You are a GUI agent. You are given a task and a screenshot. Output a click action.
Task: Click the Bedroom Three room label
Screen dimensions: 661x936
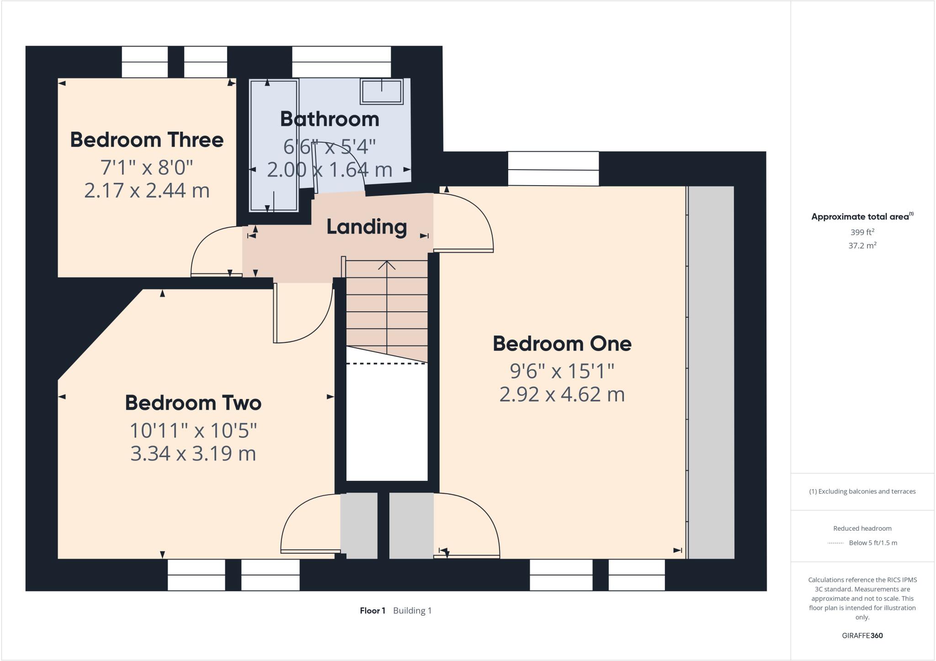pyautogui.click(x=147, y=140)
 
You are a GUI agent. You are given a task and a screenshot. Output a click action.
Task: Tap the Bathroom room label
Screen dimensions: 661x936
pyautogui.click(x=330, y=119)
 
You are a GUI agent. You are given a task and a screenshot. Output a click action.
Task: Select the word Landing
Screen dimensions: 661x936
pyautogui.click(x=367, y=227)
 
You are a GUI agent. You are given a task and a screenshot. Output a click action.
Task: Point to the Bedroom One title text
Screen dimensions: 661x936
pyautogui.click(x=562, y=344)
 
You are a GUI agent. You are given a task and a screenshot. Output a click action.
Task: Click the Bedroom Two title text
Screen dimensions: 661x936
pyautogui.click(x=193, y=403)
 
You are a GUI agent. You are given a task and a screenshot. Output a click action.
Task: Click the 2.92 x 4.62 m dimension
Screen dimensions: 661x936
pyautogui.click(x=562, y=394)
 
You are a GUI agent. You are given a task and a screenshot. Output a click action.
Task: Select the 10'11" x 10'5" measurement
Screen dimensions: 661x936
pyautogui.click(x=193, y=430)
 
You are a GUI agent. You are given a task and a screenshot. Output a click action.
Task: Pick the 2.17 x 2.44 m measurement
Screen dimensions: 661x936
pyautogui.click(x=147, y=190)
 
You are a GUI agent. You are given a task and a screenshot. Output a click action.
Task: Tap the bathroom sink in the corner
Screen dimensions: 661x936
pyautogui.click(x=381, y=91)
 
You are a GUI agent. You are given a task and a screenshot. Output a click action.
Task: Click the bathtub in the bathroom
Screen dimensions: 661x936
pyautogui.click(x=274, y=145)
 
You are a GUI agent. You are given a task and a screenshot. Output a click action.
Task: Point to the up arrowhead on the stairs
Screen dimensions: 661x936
pyautogui.click(x=387, y=265)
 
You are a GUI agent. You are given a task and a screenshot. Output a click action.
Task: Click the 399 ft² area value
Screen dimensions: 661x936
pyautogui.click(x=862, y=232)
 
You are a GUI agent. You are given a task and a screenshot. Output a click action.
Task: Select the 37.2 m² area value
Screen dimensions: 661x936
pyautogui.click(x=862, y=245)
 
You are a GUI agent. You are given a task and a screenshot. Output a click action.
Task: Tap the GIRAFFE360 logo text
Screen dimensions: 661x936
pyautogui.click(x=862, y=635)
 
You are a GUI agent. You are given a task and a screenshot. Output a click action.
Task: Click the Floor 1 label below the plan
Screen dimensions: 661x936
pyautogui.click(x=372, y=611)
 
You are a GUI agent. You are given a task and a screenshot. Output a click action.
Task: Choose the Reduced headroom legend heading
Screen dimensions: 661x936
pyautogui.click(x=862, y=528)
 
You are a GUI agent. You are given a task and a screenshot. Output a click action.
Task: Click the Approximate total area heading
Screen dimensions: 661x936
pyautogui.click(x=862, y=217)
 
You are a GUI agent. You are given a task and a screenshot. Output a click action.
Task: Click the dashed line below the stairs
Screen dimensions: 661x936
pyautogui.click(x=387, y=364)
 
